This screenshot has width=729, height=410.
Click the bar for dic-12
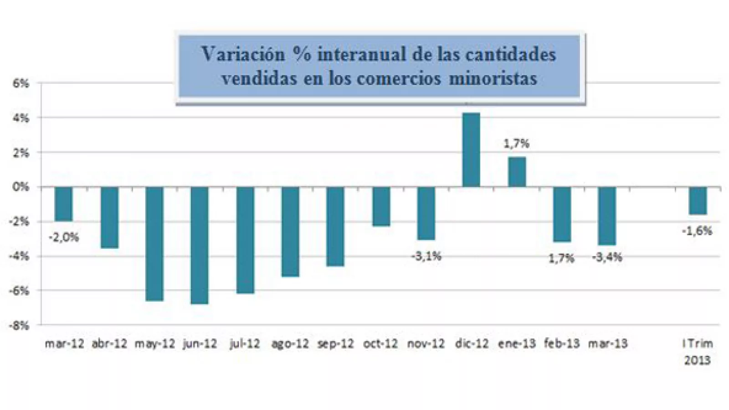(x=471, y=150)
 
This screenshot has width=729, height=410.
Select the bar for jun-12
(x=200, y=245)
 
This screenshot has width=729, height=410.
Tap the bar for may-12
(x=154, y=244)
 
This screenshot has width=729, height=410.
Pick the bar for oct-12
(x=381, y=206)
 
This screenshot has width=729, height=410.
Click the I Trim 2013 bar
(x=698, y=200)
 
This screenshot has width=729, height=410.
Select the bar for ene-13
(x=517, y=172)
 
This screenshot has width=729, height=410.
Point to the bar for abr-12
(x=109, y=217)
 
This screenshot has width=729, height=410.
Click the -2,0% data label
(x=64, y=237)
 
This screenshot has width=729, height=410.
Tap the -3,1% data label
(x=426, y=256)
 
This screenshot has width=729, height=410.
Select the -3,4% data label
(x=607, y=257)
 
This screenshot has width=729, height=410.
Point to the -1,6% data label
(x=697, y=231)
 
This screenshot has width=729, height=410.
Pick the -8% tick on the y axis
(x=19, y=325)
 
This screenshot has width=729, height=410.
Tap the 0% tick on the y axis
(x=21, y=187)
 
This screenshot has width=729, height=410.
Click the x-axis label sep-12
(x=335, y=343)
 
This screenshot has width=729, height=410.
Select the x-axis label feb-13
(x=562, y=343)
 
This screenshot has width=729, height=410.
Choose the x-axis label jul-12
(x=245, y=343)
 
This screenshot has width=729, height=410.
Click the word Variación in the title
(x=243, y=54)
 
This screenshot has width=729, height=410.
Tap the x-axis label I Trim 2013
(x=698, y=352)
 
